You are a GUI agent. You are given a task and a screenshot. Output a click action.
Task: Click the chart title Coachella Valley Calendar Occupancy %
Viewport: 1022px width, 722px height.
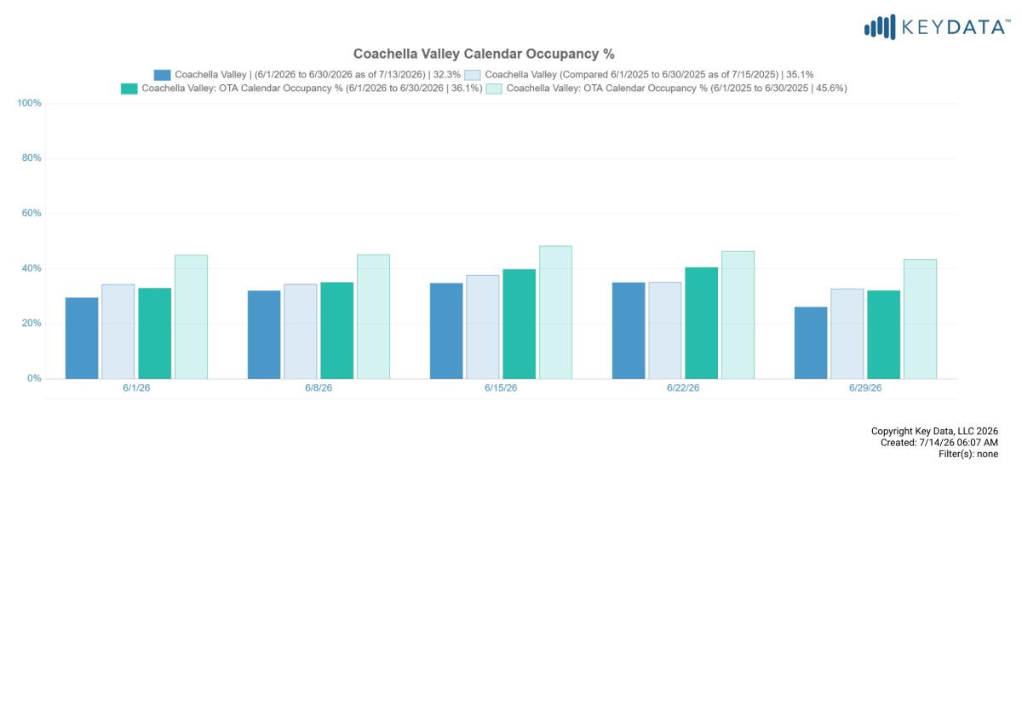484,54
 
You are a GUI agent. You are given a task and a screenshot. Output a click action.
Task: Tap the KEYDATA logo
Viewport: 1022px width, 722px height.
937,27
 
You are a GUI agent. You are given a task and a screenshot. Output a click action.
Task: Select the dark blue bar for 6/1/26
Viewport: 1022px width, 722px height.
82,338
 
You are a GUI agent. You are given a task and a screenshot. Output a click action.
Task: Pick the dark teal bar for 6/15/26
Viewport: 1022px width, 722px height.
520,324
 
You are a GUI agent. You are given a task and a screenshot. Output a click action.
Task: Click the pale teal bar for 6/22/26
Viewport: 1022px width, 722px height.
738,315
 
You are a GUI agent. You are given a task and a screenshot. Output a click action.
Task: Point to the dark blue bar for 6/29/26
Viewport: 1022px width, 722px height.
811,342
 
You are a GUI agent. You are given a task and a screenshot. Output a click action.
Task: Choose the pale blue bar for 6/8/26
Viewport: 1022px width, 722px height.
300,331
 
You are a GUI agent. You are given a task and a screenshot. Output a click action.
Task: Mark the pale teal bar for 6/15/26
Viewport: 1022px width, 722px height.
555,312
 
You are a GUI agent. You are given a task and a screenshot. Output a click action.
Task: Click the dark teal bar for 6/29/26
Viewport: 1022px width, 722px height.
884,335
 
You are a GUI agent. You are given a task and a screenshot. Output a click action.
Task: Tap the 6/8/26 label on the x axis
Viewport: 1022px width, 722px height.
319,387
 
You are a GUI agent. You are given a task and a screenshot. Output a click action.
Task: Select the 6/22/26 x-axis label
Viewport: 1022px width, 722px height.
683,387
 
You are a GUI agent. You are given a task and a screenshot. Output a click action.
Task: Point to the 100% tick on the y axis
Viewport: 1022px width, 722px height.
29,103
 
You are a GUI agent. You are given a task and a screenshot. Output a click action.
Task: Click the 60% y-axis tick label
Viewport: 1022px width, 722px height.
32,213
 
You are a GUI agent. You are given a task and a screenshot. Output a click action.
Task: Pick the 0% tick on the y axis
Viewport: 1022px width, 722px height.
34,378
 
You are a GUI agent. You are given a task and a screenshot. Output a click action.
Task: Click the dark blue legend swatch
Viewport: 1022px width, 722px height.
162,75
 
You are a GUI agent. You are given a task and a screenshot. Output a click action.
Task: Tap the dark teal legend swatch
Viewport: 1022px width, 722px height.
129,89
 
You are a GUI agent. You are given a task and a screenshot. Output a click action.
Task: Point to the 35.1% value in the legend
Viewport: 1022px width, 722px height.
800,74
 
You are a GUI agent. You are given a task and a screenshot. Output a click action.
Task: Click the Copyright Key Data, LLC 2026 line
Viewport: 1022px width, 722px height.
934,431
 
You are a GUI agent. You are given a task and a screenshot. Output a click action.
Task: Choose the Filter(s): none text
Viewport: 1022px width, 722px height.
968,454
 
